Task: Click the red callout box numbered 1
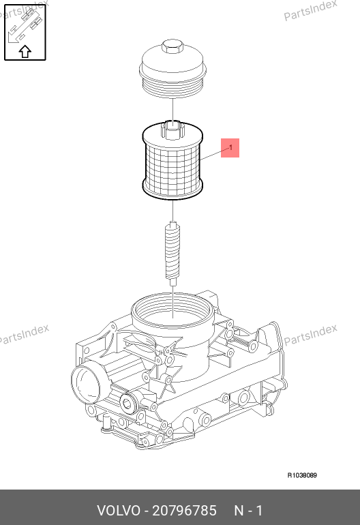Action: coord(230,148)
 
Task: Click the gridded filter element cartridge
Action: coord(172,161)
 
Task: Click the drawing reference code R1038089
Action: coord(302,475)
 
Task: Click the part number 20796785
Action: coord(185,511)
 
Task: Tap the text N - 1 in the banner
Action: coord(248,511)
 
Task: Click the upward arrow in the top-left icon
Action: coord(25,52)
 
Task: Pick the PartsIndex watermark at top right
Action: coord(310,10)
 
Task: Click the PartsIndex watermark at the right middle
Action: coord(310,335)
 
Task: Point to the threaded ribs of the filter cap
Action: coord(172,87)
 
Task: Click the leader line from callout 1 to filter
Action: coord(215,153)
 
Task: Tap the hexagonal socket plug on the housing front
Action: coord(127,404)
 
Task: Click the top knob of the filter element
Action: coord(172,130)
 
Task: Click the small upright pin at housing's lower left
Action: coord(107,423)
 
